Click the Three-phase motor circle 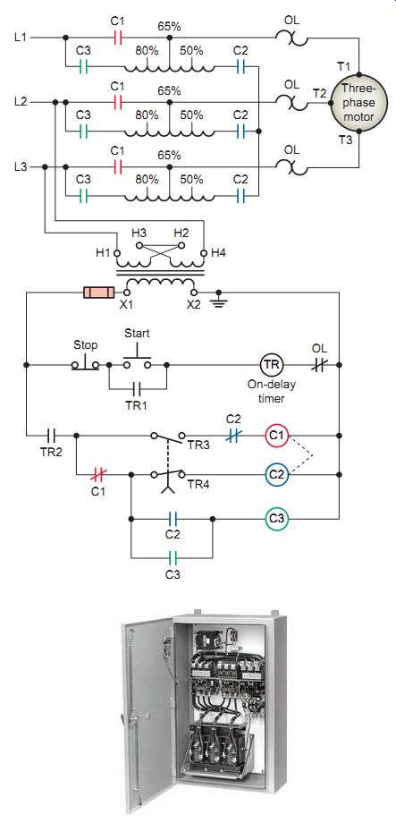358,103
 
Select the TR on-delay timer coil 272,364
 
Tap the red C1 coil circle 276,435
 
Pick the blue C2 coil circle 276,475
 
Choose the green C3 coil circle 276,519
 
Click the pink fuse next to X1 99,292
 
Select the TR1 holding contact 137,388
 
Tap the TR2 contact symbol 52,435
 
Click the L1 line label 21,38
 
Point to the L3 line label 21,167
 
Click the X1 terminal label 128,305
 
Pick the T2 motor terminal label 319,93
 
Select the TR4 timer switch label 196,486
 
